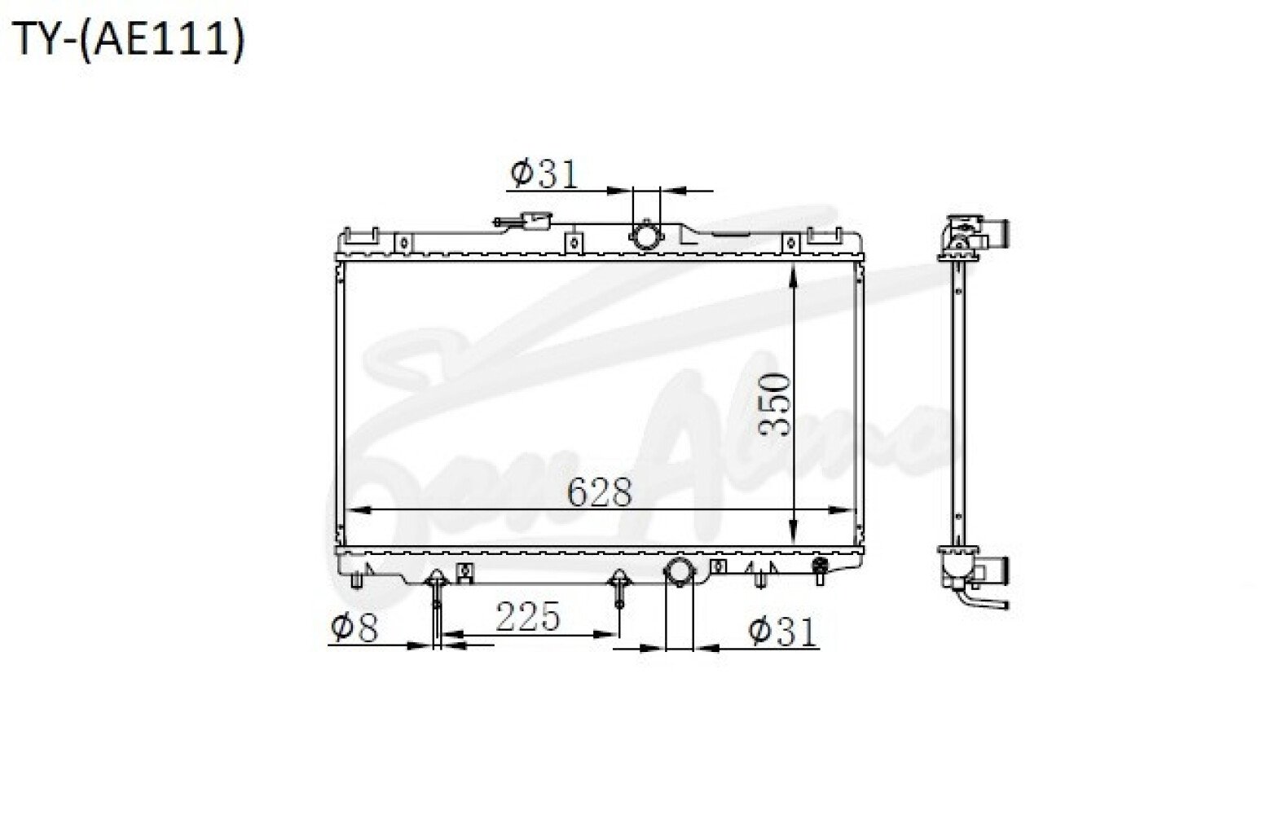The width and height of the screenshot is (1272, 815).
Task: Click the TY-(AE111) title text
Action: tap(128, 40)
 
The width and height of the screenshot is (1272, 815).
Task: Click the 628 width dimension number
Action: tap(599, 491)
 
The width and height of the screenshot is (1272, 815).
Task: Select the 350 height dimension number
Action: tap(774, 404)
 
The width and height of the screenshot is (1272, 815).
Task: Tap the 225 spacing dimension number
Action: tap(527, 616)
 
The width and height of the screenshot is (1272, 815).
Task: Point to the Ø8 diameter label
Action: tap(354, 628)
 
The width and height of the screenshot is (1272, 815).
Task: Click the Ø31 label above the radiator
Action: tap(544, 174)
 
